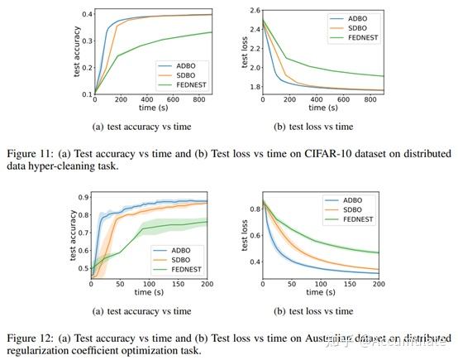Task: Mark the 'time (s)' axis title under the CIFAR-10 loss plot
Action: click(x=329, y=108)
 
